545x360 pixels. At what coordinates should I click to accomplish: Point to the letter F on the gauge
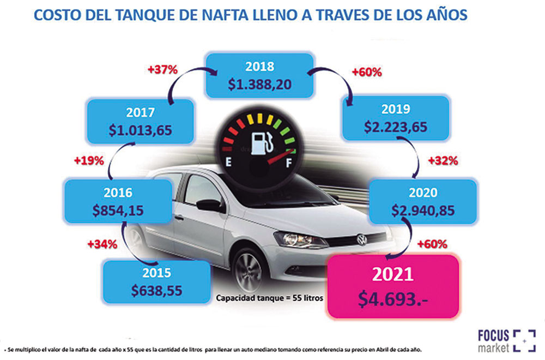point(290,162)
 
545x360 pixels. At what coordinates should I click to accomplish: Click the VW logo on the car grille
point(361,239)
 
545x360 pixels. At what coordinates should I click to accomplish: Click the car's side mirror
point(210,206)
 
